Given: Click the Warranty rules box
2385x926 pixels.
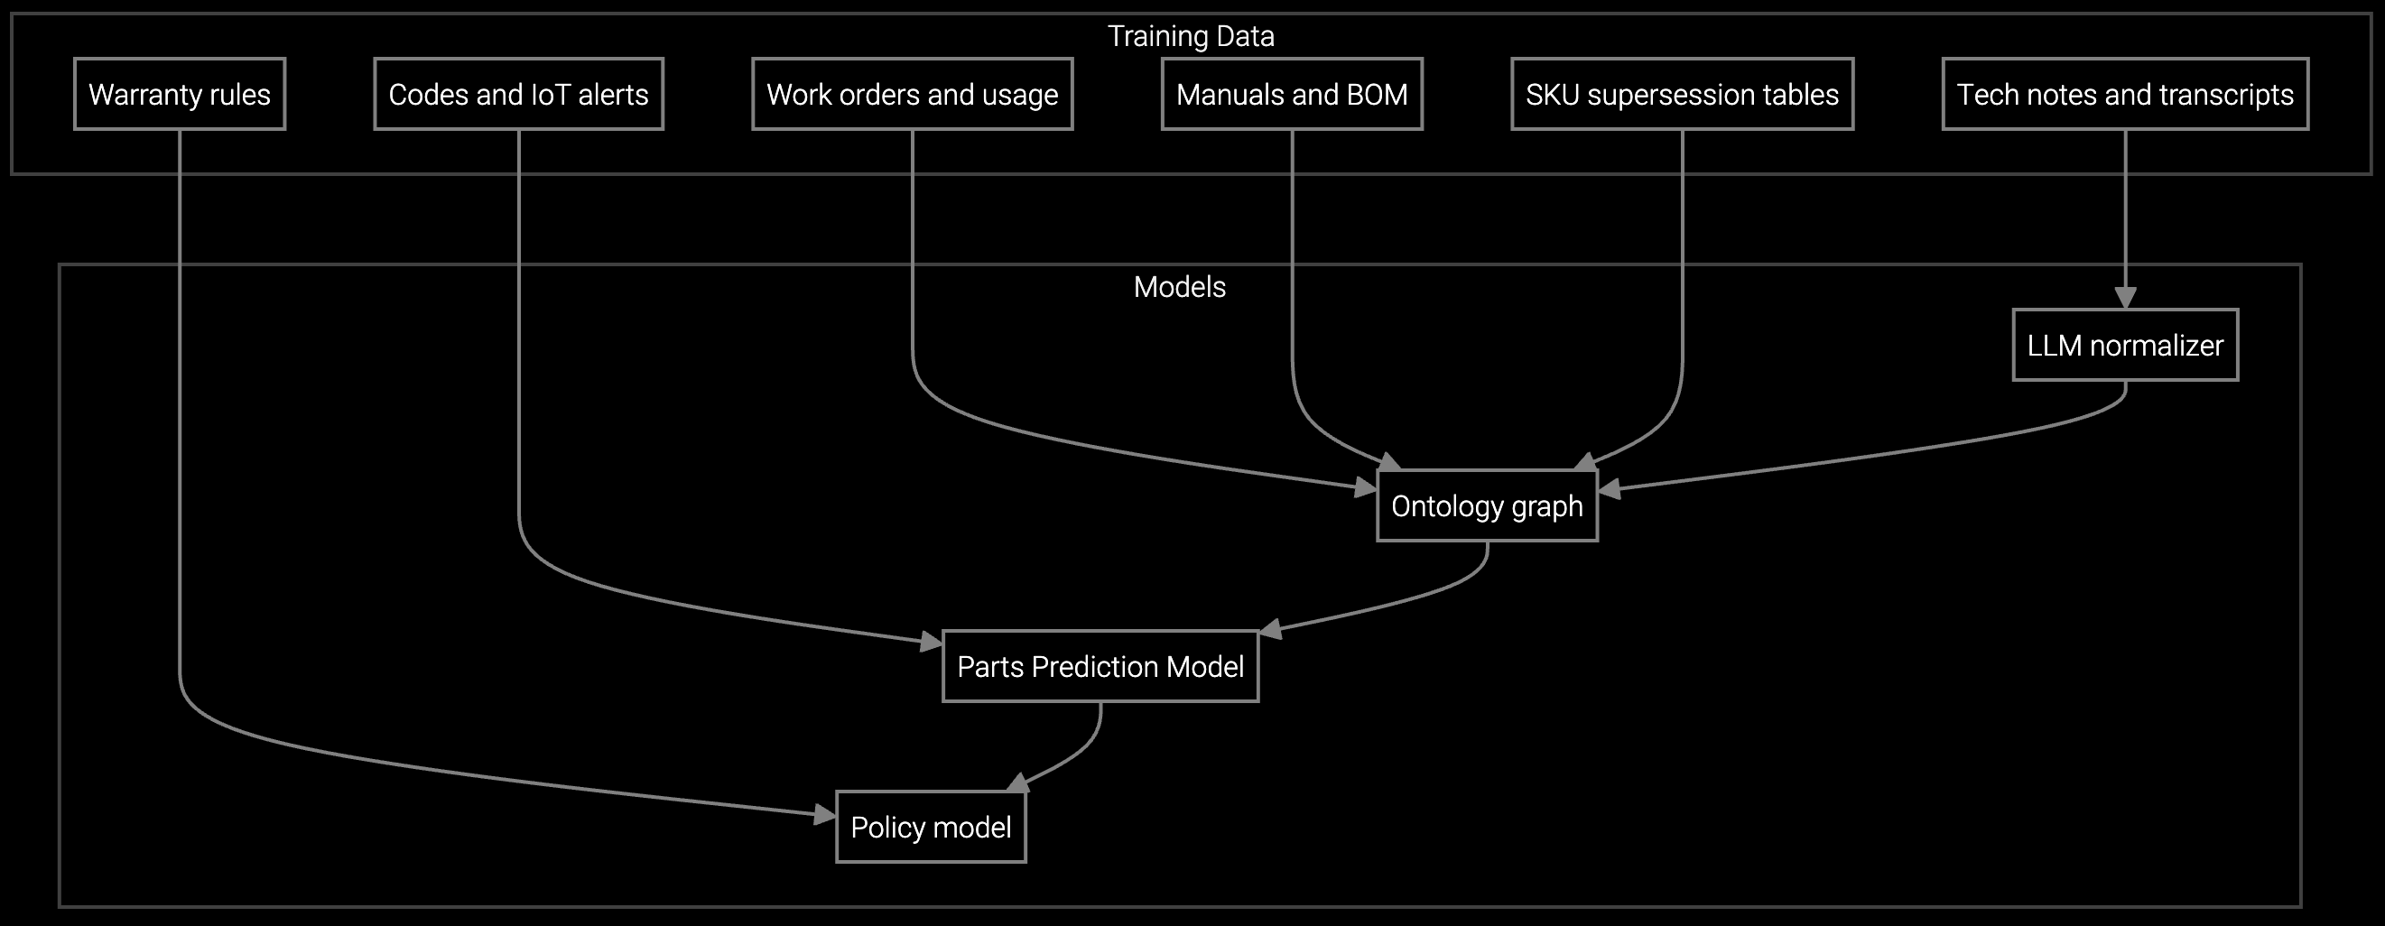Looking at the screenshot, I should click(180, 95).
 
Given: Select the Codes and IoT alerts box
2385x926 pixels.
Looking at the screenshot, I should click(518, 95).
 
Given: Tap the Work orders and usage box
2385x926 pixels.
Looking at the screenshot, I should click(912, 95).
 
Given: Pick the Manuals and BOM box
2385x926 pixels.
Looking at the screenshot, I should click(1292, 95).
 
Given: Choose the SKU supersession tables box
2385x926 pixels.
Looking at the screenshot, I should click(1682, 95).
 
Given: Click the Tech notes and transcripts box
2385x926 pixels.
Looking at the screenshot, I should click(2125, 95).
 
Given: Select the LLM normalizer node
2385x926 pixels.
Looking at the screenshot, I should click(2125, 346).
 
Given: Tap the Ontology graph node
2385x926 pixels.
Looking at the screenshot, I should click(1487, 506).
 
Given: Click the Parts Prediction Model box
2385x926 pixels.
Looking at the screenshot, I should click(1100, 667).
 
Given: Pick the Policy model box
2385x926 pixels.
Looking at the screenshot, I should click(931, 827).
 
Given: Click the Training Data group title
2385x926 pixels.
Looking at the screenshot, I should click(1191, 36).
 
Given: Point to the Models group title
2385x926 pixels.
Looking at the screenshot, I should click(1179, 287).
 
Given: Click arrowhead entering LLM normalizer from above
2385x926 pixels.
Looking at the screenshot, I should click(2125, 298).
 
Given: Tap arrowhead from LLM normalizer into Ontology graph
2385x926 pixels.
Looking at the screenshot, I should click(1610, 489).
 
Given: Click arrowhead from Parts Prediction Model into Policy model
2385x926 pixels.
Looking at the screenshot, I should click(1017, 783).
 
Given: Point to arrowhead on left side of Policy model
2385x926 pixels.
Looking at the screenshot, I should click(824, 815).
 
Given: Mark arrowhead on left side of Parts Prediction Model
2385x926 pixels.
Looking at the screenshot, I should click(931, 642).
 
